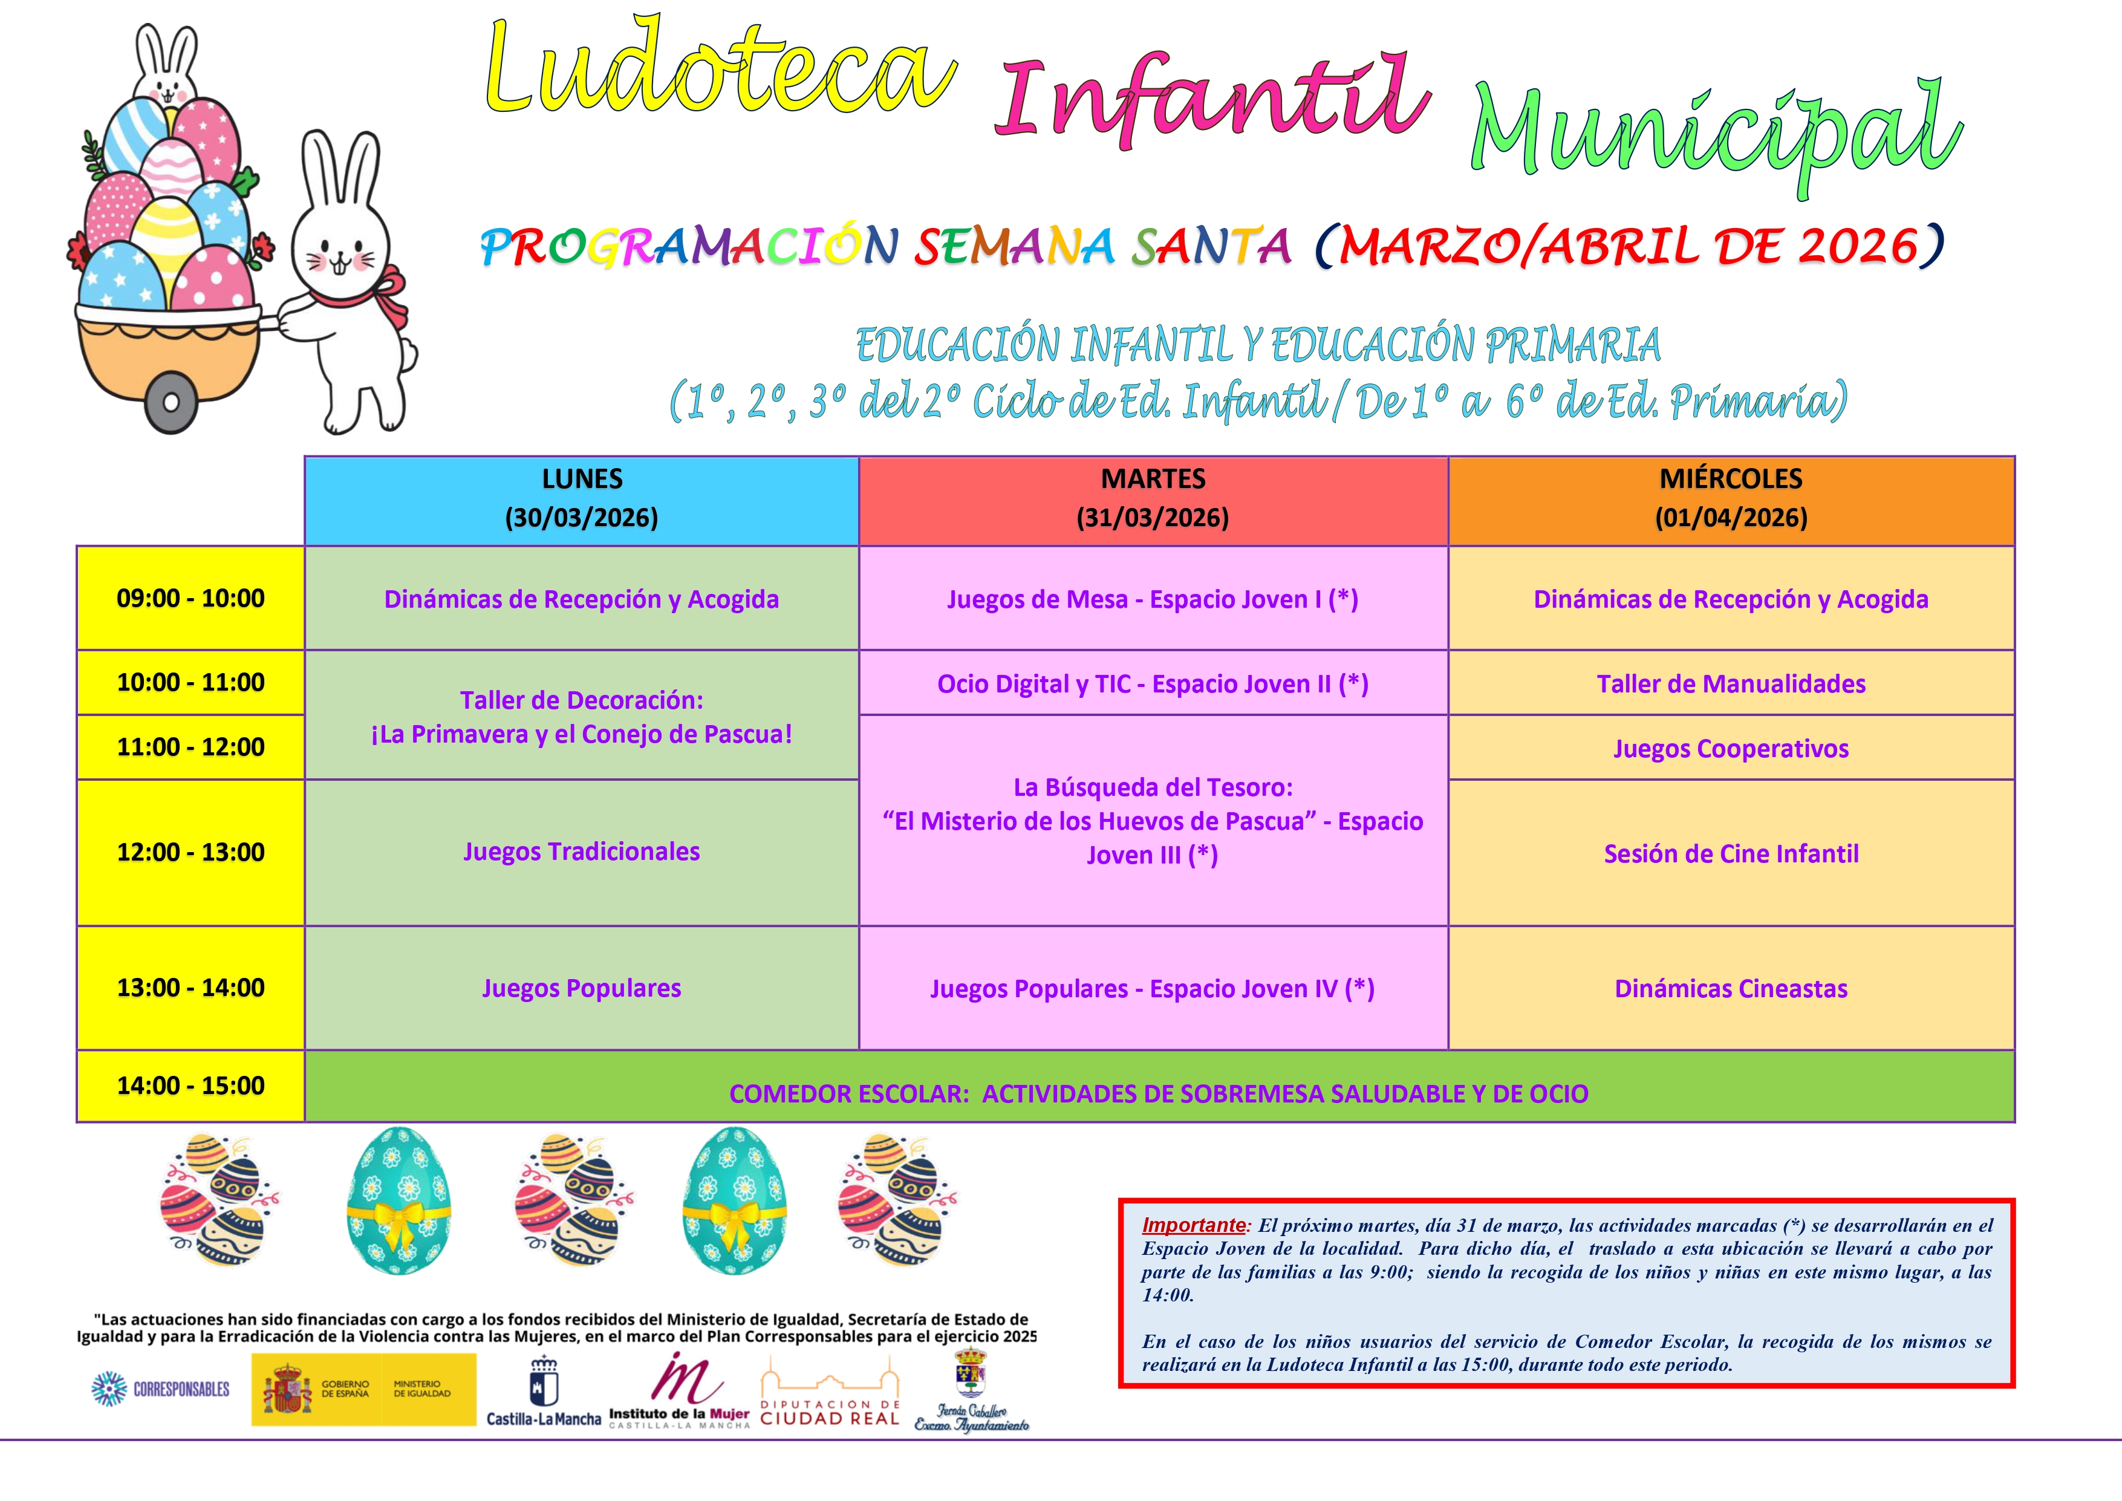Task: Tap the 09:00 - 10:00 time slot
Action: point(190,598)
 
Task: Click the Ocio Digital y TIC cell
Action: point(1153,684)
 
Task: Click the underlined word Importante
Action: point(1193,1226)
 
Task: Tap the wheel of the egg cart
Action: point(171,403)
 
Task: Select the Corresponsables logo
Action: point(161,1389)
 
